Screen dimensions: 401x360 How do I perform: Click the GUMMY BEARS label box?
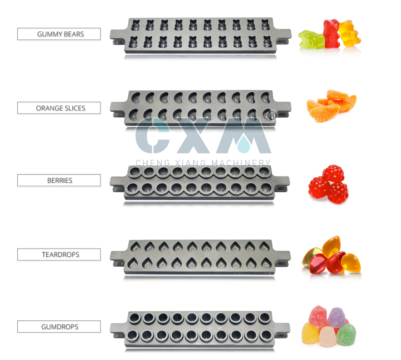[59, 34]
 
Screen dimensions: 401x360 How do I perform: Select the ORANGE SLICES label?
[59, 108]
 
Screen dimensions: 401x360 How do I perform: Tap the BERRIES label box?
[59, 180]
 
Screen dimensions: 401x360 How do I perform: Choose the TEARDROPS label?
[59, 255]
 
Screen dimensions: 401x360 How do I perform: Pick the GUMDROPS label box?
[59, 327]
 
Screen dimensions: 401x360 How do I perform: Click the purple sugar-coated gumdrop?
[337, 317]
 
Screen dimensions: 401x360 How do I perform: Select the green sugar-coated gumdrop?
[346, 335]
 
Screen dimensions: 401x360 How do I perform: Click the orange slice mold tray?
[200, 108]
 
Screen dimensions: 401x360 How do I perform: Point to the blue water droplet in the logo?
[245, 144]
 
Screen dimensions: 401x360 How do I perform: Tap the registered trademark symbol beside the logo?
[271, 116]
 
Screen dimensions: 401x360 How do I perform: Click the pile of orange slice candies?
[331, 107]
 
